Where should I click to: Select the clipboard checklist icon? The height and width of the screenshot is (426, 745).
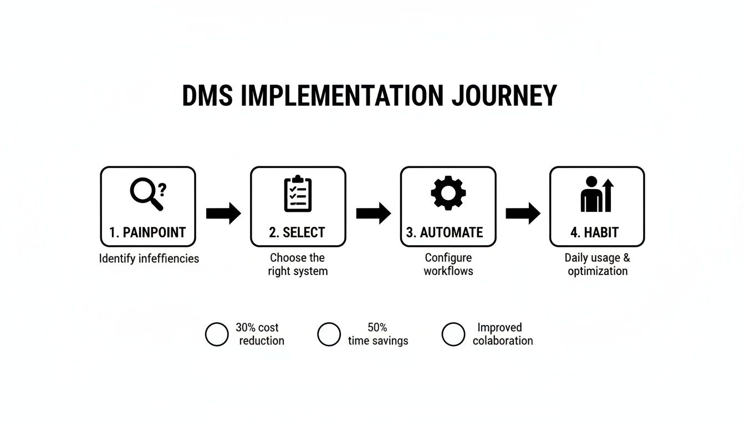pos(298,194)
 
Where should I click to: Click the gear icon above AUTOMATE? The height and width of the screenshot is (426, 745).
pos(448,193)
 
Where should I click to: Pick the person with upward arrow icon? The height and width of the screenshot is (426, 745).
pos(597,195)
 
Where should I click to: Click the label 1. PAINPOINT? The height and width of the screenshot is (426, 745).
pos(147,232)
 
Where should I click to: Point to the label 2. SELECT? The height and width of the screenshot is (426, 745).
pos(297,232)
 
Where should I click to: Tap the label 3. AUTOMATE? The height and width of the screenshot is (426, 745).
pos(445,232)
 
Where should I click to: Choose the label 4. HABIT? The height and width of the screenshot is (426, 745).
pos(594,232)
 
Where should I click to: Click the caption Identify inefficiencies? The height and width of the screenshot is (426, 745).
pos(149,258)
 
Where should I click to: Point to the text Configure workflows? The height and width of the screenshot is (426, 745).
pos(448,265)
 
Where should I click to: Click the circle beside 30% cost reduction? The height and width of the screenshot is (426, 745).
pos(217,334)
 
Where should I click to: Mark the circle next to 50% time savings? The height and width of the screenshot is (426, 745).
pos(329,334)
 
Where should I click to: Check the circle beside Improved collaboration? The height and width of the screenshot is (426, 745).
pos(453,334)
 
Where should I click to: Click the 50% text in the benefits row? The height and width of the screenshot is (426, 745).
pos(377,327)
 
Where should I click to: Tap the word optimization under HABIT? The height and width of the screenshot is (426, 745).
pos(598,271)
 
